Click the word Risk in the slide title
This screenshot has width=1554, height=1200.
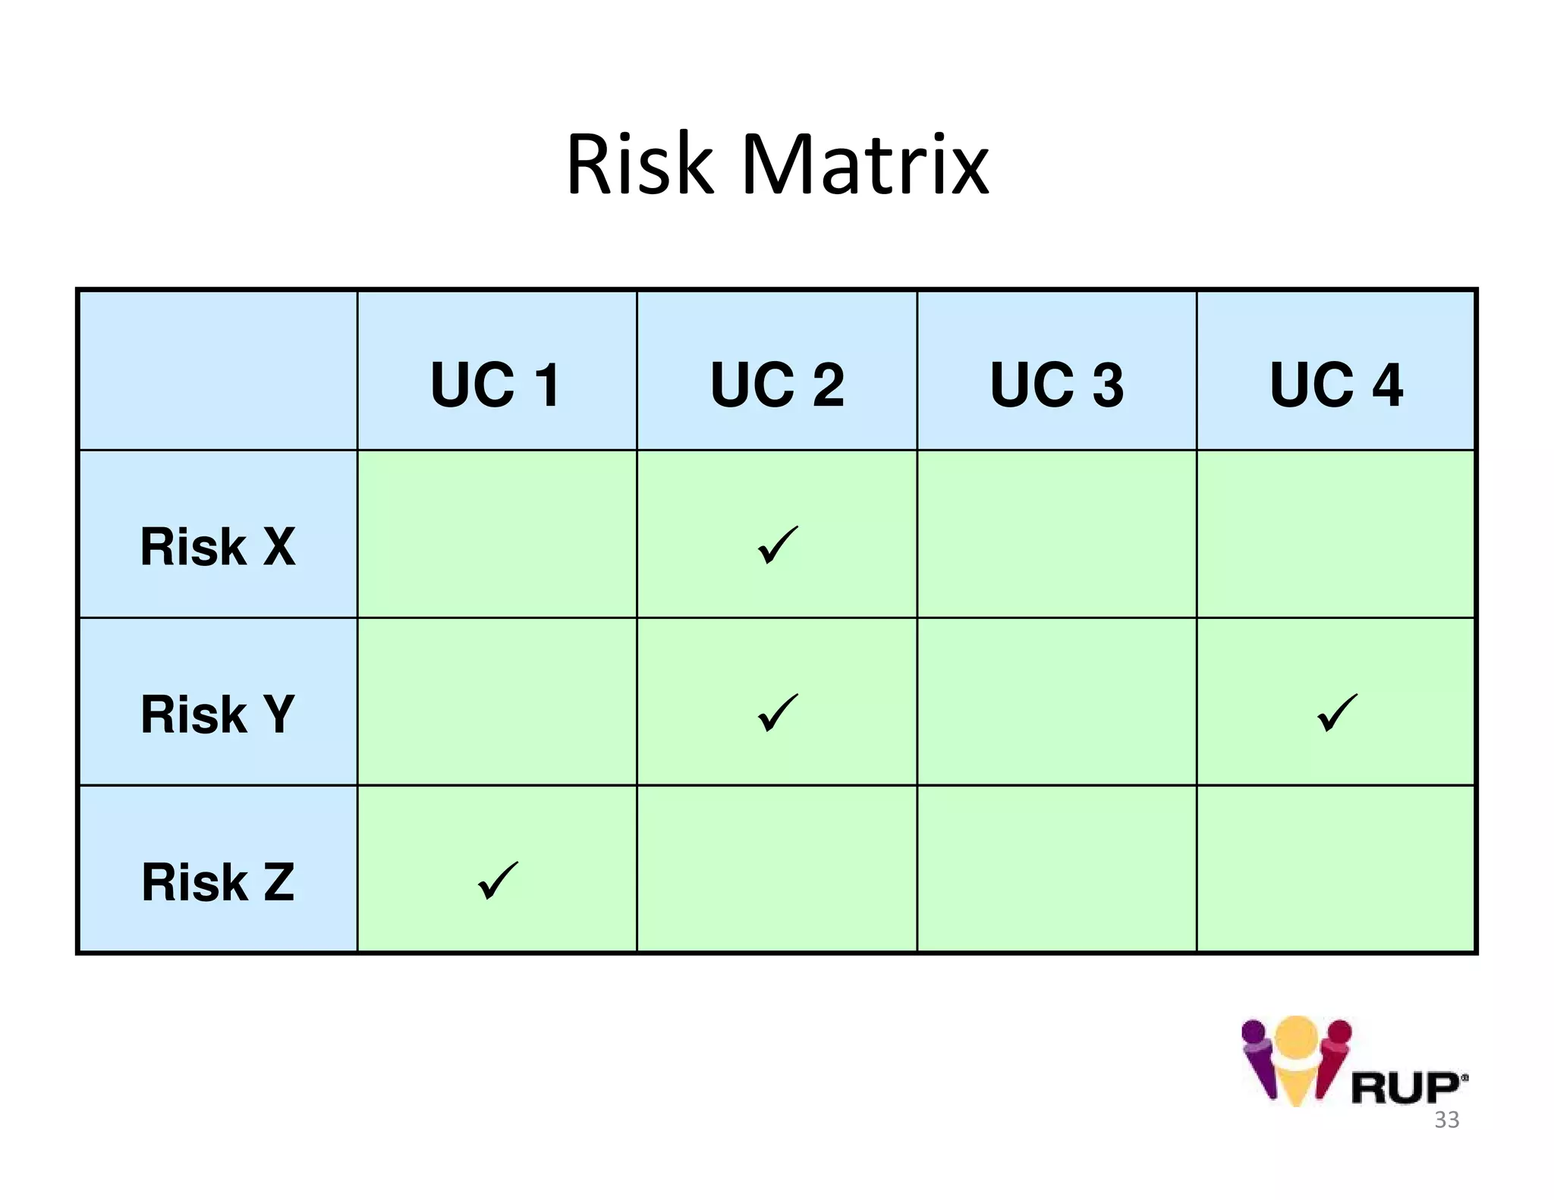coord(640,165)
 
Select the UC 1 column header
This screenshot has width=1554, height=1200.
coord(496,385)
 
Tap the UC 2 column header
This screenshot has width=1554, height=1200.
coord(777,385)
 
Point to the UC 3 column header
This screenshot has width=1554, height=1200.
coord(1057,385)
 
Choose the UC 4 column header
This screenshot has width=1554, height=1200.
coord(1336,385)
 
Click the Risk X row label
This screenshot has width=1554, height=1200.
coord(218,546)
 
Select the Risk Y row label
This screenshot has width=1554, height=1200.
coord(218,714)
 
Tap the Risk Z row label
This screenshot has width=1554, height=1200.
coord(218,881)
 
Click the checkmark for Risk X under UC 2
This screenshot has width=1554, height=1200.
coord(777,545)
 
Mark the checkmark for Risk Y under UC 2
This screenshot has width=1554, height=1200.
coord(777,713)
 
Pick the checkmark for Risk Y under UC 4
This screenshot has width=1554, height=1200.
coord(1336,713)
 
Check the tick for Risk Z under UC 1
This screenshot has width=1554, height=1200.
coord(497,881)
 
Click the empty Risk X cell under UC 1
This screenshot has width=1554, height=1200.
coord(497,534)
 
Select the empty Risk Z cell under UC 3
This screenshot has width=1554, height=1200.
coord(1057,869)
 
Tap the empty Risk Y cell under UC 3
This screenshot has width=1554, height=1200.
coord(1057,702)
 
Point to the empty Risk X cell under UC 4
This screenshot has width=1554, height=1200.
coord(1336,534)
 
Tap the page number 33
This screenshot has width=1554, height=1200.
coord(1446,1120)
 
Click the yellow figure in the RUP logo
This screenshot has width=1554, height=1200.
coord(1296,1058)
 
